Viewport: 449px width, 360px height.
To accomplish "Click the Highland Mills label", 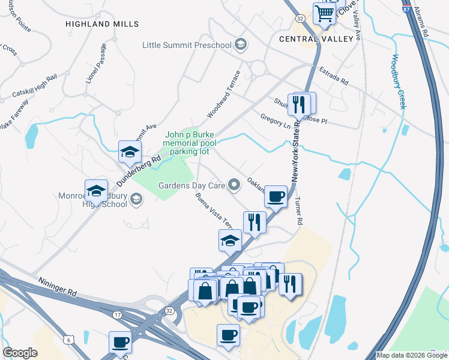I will pyautogui.click(x=102, y=24).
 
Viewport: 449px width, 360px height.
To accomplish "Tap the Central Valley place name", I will pyautogui.click(x=316, y=39).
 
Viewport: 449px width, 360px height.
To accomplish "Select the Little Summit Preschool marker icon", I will pyautogui.click(x=240, y=45).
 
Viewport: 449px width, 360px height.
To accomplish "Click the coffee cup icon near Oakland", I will pyautogui.click(x=276, y=196).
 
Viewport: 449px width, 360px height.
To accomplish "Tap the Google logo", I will pyautogui.click(x=20, y=353).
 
